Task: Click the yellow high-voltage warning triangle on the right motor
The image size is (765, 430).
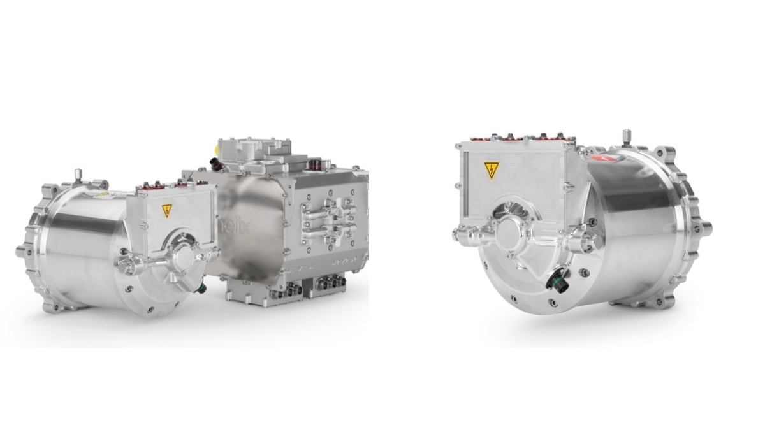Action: (491, 170)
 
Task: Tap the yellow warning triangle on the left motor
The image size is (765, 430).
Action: (167, 210)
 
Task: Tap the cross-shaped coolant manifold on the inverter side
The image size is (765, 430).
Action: (331, 217)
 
